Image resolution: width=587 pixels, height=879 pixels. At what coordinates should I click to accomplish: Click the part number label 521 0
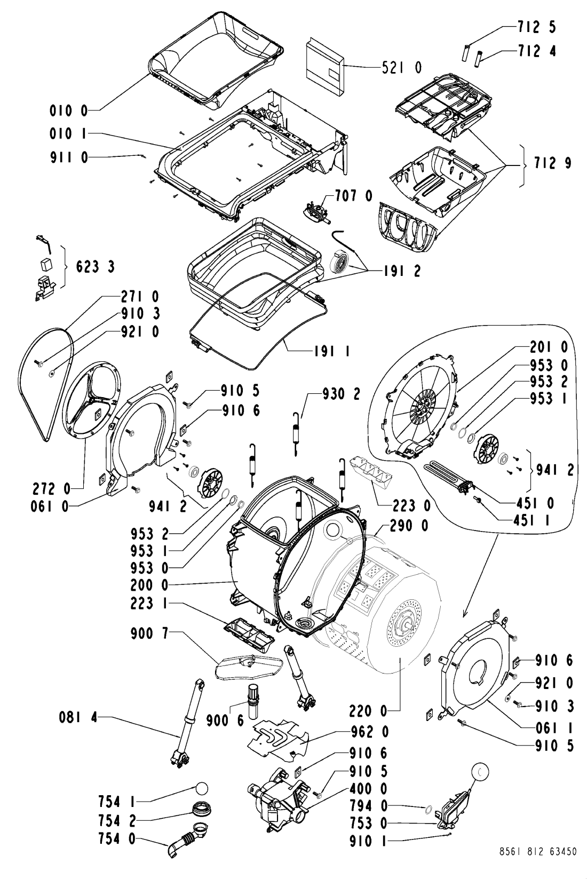[x=401, y=67]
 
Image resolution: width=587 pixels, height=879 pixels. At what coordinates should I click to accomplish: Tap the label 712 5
[x=536, y=27]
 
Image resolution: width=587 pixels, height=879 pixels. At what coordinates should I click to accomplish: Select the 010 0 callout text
[x=69, y=111]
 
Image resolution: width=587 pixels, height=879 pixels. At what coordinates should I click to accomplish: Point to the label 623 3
[x=95, y=267]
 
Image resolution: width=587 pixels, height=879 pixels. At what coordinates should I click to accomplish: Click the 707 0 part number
[x=353, y=195]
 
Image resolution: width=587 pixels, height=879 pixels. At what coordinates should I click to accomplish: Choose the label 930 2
[x=341, y=394]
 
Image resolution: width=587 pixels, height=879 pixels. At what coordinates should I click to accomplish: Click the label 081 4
[x=78, y=717]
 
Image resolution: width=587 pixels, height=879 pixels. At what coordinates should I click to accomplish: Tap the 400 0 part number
[x=368, y=788]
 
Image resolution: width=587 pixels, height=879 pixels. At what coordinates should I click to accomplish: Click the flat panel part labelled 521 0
[x=325, y=67]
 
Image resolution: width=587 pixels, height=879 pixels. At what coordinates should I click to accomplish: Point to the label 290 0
[x=409, y=526]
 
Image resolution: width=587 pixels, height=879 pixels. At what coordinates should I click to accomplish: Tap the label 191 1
[x=332, y=351]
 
